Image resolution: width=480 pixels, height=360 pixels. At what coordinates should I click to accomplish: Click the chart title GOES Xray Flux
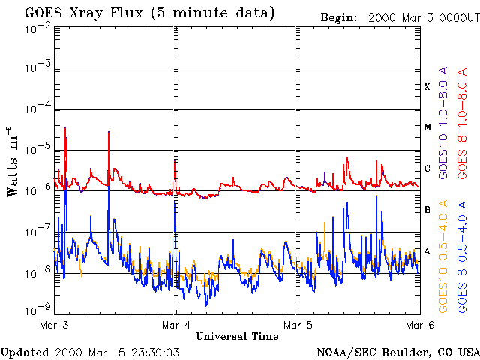84,13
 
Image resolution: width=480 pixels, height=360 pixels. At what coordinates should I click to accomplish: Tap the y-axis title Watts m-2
13,161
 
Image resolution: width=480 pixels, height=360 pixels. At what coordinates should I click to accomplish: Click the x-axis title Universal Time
237,336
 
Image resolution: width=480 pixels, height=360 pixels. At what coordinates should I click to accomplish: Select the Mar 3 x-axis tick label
54,325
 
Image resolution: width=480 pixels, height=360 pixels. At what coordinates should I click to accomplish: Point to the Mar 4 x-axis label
176,325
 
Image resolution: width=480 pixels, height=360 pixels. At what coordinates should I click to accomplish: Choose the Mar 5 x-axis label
298,325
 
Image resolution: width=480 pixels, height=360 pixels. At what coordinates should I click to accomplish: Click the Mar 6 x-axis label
420,325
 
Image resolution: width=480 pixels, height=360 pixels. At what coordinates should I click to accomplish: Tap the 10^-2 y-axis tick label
37,31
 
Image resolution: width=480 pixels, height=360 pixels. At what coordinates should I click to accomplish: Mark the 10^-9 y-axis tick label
37,309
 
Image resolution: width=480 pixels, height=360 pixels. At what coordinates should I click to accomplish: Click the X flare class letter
427,87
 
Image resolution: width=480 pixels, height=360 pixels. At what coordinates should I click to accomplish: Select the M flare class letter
427,127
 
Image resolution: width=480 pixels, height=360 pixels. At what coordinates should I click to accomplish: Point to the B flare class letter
427,210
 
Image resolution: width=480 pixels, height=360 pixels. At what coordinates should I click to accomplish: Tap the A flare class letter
427,252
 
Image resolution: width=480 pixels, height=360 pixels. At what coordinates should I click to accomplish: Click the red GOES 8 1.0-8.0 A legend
462,123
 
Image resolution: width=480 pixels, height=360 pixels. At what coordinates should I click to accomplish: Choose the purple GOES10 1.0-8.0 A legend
443,122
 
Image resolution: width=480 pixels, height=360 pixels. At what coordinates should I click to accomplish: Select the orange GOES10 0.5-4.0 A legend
443,256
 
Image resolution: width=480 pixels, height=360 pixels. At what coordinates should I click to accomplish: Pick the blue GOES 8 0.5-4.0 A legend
462,257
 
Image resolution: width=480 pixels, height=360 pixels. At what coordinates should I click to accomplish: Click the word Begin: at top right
339,18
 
